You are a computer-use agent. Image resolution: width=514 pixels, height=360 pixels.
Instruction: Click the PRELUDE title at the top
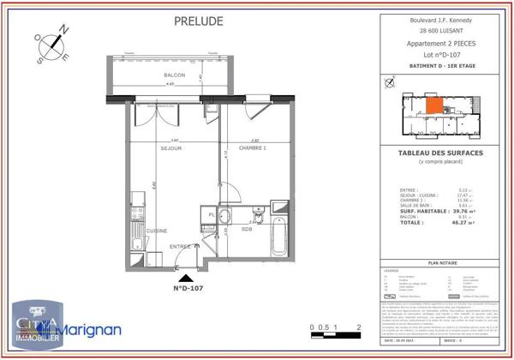click(x=199, y=21)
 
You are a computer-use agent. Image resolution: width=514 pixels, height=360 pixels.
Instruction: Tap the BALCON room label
click(x=175, y=75)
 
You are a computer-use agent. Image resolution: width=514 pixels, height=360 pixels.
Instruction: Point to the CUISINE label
click(x=155, y=231)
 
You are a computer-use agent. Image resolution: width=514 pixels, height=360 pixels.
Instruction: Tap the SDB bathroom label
click(x=246, y=229)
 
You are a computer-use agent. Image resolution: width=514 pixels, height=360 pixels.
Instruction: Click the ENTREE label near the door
click(x=180, y=246)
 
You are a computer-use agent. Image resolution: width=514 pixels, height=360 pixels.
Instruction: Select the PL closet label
click(x=212, y=214)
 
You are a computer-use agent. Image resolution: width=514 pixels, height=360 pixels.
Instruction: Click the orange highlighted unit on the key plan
click(x=435, y=105)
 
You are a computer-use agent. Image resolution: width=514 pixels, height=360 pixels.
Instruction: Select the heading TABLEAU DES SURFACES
click(x=440, y=153)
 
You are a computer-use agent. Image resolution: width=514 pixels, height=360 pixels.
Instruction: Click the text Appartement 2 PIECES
click(x=440, y=43)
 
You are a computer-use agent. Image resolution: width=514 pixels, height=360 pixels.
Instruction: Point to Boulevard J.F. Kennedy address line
click(x=440, y=19)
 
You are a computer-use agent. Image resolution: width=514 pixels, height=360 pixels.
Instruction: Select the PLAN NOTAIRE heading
click(x=440, y=265)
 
